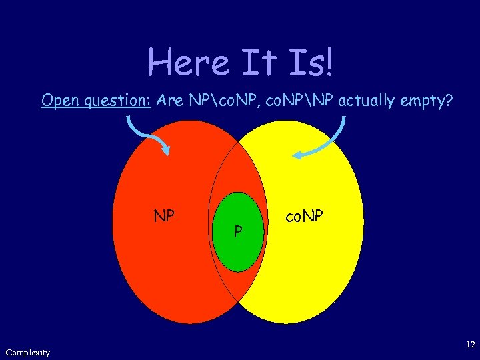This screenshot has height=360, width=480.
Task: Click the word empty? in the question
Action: coord(429,101)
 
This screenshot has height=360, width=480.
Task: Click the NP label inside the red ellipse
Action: coord(164,216)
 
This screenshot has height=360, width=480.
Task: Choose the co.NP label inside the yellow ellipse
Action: coord(304,216)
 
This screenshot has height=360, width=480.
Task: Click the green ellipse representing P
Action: coord(237,250)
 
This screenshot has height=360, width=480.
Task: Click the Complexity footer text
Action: coord(27,352)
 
